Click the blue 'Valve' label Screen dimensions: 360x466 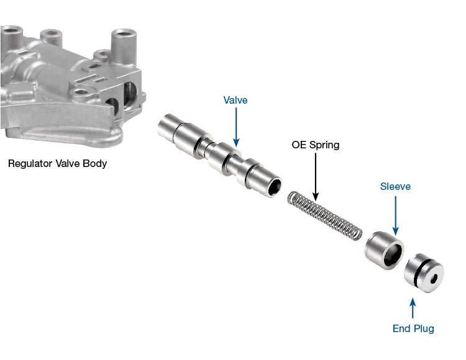point(235,100)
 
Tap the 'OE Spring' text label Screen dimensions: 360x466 point(316,145)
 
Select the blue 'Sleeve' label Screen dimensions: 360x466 point(395,186)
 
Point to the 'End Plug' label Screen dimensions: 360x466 point(413,328)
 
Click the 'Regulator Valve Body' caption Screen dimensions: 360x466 point(57,164)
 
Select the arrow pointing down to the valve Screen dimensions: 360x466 point(236,127)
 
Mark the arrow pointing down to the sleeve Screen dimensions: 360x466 point(395,214)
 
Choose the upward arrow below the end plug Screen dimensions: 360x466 point(413,307)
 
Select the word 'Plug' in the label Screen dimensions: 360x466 point(424,328)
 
